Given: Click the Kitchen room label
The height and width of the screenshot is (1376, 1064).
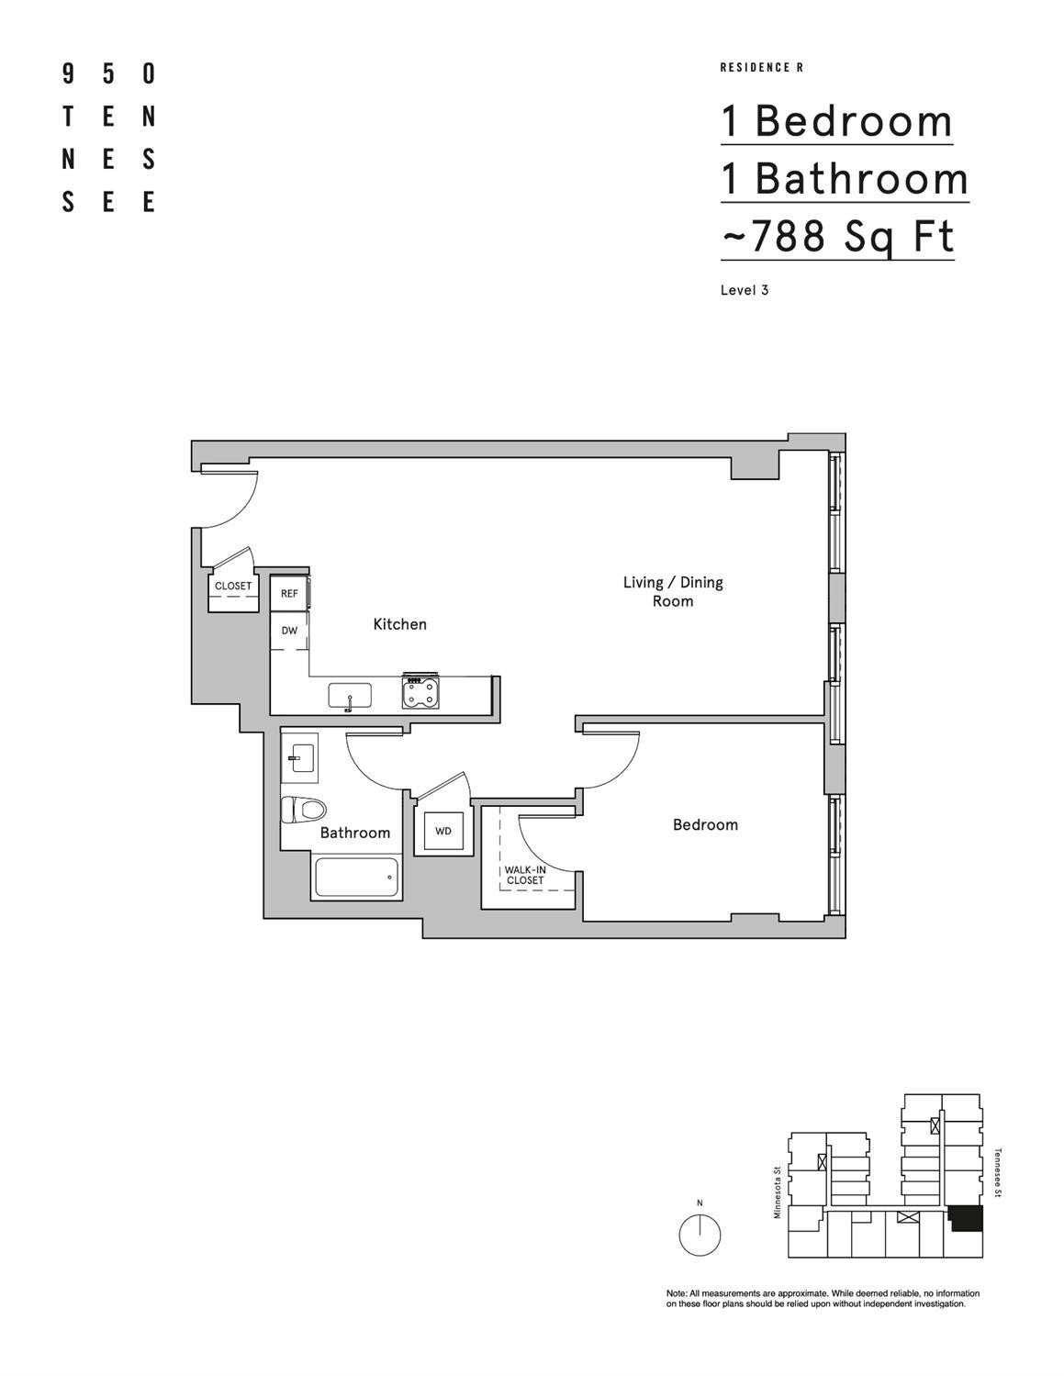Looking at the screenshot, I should point(399,624).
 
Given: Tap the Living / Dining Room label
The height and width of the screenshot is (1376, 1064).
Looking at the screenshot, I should point(673,591).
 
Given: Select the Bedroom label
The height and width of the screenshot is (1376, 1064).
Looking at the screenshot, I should point(705,824).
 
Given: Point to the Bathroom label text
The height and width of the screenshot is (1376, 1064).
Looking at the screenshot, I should point(354,833).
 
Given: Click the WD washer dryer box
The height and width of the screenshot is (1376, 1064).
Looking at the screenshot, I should point(443,831).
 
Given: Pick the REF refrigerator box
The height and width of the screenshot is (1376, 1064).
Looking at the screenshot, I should point(289,594).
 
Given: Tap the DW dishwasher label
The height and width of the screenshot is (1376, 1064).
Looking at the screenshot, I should point(289,631).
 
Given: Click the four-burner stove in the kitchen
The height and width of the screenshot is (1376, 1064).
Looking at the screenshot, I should point(420,692).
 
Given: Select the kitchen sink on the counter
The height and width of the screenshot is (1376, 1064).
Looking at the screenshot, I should point(350,696).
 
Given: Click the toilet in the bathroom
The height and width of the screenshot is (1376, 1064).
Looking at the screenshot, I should point(303,809).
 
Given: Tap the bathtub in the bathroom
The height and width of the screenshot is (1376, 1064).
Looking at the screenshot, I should point(358,878).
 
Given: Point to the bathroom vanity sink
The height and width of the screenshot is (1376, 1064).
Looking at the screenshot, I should point(299,758).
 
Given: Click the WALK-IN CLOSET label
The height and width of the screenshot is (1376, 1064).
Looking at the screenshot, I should point(525,875).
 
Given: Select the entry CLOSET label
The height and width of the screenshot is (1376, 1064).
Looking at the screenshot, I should point(233,586).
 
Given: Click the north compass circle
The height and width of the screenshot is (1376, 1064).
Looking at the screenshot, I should point(700,1235).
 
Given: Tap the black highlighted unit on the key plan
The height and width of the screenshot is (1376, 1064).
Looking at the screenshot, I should point(966,1218).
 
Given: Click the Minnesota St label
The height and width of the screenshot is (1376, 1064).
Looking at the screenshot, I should point(777,1192).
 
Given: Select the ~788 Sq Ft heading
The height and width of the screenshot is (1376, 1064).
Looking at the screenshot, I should point(837,236).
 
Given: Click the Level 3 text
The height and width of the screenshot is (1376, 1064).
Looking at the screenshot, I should point(745,290).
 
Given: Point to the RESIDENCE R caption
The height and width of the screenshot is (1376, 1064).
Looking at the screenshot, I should point(762,68).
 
